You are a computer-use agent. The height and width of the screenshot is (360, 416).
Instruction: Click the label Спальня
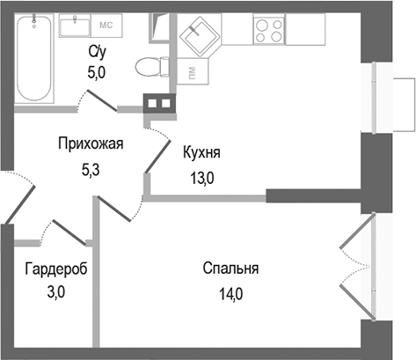click(x=230, y=269)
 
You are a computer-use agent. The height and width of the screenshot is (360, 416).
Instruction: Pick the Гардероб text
click(x=56, y=269)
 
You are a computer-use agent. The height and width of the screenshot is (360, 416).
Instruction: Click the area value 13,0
click(x=201, y=176)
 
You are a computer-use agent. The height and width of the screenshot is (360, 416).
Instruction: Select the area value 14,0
click(x=230, y=294)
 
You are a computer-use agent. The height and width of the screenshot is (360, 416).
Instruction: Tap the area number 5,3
click(x=90, y=169)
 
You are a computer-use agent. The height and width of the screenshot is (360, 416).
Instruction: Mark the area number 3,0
click(x=55, y=294)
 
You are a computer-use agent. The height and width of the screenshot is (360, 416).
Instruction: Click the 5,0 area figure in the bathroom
click(x=96, y=75)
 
